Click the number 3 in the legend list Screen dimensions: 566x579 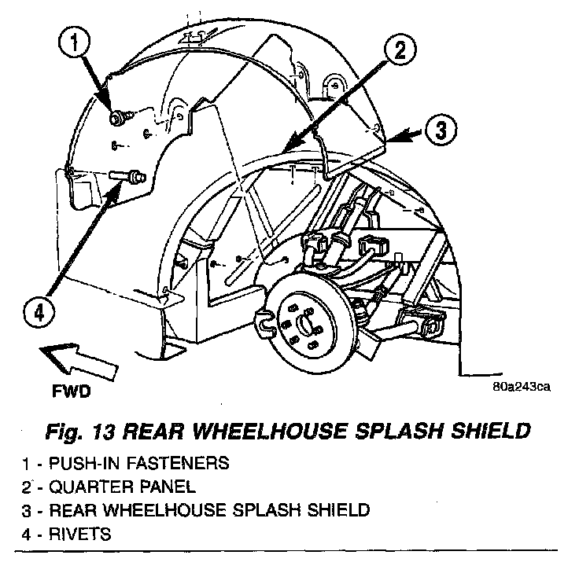(28, 511)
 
